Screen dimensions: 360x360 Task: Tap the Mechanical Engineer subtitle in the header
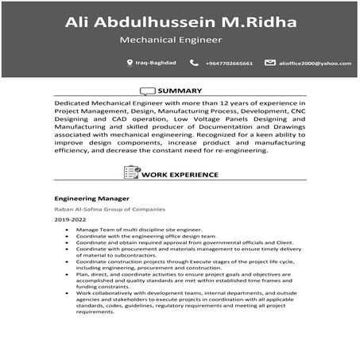tap(170, 38)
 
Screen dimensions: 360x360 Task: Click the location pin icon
tap(130, 62)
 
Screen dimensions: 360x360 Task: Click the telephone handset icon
tap(194, 62)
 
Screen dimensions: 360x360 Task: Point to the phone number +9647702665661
tap(229, 63)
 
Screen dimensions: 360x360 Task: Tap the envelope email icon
tap(270, 62)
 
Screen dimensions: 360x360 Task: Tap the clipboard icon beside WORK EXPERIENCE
tap(131, 172)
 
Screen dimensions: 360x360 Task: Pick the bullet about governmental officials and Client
tap(167, 242)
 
